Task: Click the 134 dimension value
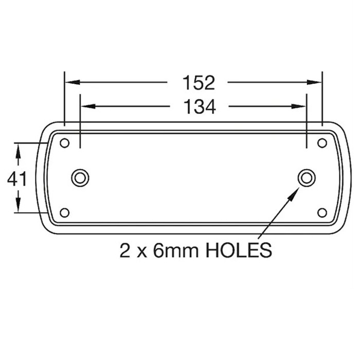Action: click(x=199, y=106)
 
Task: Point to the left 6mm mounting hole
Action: click(x=80, y=178)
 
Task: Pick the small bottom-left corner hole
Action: click(x=64, y=212)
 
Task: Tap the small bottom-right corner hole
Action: click(x=322, y=212)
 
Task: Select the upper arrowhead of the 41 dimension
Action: click(x=18, y=149)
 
